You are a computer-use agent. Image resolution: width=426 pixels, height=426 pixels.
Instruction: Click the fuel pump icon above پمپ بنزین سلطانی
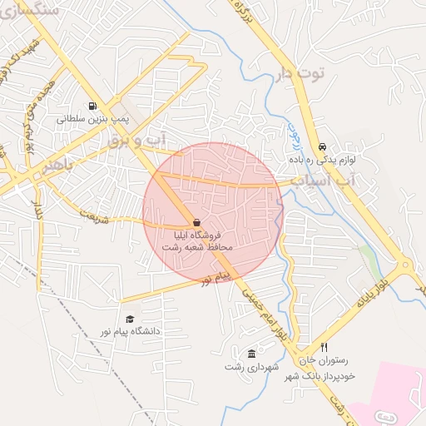point(91,106)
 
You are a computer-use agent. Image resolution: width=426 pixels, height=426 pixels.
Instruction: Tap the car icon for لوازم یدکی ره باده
point(322,146)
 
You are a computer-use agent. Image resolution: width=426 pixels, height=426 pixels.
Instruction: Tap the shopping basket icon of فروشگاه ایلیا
point(196,223)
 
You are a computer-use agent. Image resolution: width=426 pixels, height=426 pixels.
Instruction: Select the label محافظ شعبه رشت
point(199,247)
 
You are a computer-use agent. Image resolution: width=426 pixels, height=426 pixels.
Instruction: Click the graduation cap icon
point(129,319)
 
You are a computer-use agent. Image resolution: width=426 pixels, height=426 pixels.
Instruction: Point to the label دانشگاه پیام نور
point(128,331)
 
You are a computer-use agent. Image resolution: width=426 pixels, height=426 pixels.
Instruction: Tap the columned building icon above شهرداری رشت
point(251,353)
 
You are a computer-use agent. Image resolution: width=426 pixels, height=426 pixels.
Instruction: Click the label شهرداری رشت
point(251,366)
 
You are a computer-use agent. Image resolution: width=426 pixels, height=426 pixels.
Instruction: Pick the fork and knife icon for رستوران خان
point(324,348)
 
